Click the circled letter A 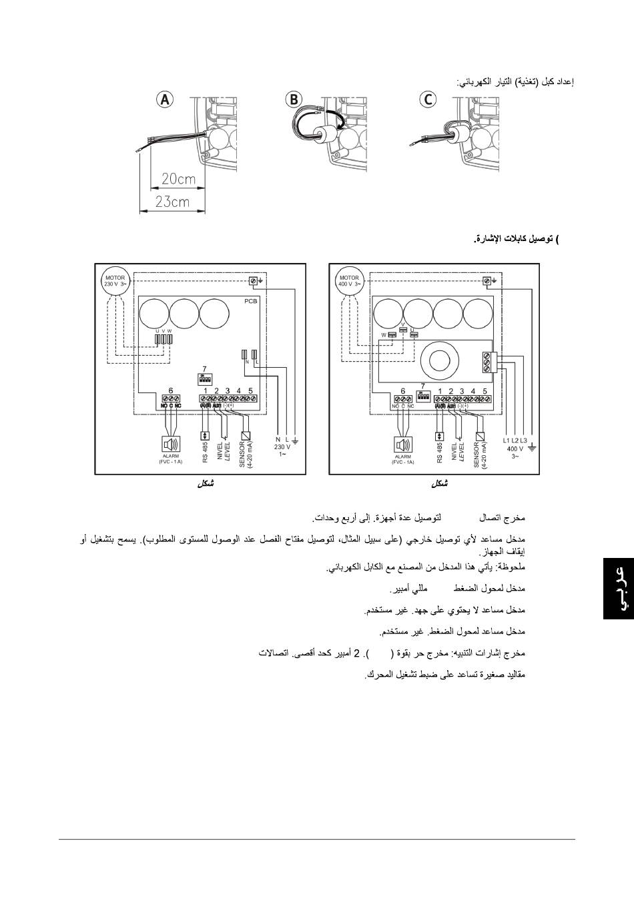tap(164, 99)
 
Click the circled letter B tap(293, 99)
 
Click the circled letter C tap(427, 99)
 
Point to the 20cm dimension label tap(178, 179)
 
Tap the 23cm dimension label tap(172, 201)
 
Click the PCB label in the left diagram tap(250, 302)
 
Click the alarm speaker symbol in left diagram tap(171, 445)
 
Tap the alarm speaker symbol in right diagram tap(403, 445)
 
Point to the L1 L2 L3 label tap(515, 440)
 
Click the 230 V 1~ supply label tap(282, 446)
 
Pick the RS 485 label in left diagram tap(206, 452)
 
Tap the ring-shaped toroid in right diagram tap(441, 360)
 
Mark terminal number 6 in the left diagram tap(171, 390)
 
